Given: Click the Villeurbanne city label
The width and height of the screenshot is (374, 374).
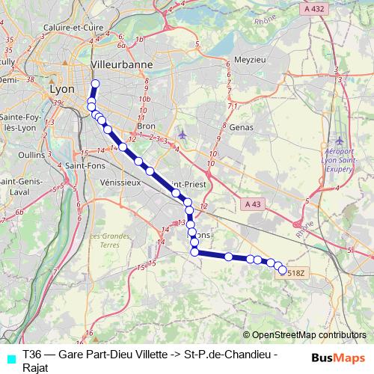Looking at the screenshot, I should coord(120,65).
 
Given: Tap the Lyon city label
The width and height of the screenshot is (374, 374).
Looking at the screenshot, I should coord(61,88).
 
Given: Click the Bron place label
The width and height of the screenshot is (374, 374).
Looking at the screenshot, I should coord(146,126).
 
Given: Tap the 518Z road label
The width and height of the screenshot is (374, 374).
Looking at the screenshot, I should coord(296,272).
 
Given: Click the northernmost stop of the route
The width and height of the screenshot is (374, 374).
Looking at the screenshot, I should coord(95,84).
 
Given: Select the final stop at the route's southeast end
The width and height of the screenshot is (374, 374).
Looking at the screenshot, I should coord(283,271).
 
